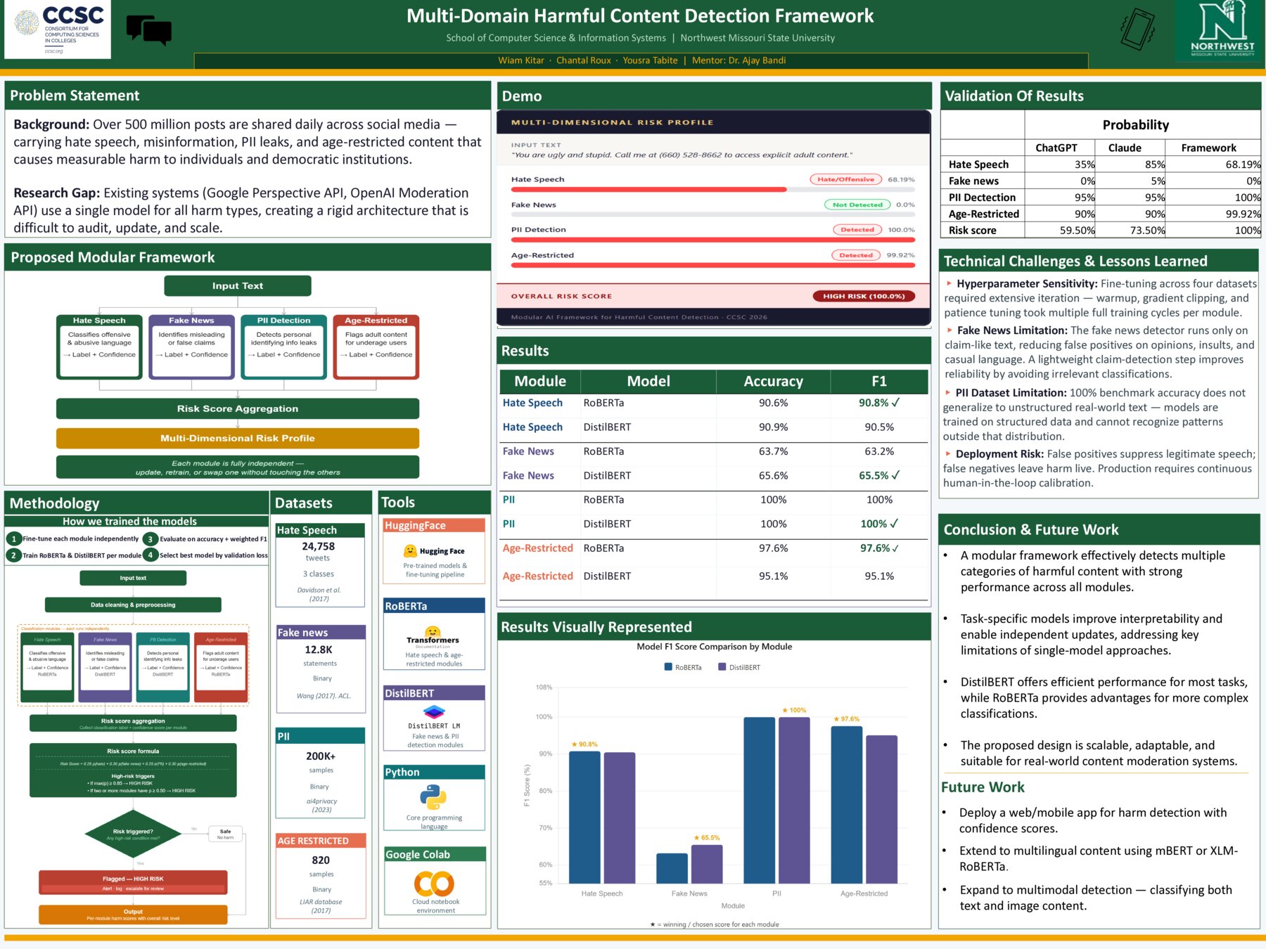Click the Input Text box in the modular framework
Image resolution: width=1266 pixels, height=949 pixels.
coord(238,285)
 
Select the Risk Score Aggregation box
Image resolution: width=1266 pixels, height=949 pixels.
coord(238,408)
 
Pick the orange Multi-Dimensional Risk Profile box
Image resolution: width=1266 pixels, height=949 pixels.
coord(238,438)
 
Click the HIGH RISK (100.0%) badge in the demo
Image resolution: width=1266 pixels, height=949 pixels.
coord(864,296)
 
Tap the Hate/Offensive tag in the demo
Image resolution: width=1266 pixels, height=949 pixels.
coord(845,179)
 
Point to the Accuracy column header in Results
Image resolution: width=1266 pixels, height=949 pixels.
coord(773,381)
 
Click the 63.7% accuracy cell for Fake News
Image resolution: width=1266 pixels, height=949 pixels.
coord(773,451)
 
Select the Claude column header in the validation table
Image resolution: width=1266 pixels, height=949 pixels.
coord(1125,148)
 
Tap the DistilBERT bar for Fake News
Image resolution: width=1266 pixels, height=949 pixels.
coord(707,864)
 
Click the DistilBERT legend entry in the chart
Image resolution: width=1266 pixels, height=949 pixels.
coord(739,667)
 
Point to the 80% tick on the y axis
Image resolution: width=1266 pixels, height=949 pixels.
coord(545,791)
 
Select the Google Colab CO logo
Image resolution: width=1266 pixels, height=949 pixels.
coord(434,883)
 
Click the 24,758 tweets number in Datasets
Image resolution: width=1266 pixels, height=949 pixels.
coord(319,546)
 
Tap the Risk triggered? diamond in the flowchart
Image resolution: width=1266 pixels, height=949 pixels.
coord(133,834)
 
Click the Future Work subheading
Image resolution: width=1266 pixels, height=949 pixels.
coord(983,787)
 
